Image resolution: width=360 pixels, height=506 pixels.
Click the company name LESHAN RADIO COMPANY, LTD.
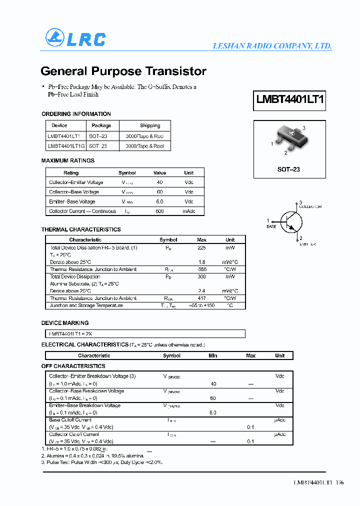[272, 46]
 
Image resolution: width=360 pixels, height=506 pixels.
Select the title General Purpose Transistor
[123, 71]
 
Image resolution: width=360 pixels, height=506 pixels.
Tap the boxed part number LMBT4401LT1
[290, 99]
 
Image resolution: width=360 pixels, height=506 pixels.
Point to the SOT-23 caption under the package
[288, 169]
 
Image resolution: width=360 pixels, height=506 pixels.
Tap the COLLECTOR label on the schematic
[310, 207]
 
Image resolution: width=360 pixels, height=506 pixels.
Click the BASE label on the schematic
[271, 227]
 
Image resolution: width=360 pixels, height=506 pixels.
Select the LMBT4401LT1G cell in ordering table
[66, 146]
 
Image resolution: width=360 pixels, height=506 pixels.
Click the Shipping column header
[150, 125]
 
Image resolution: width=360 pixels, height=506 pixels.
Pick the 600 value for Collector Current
[159, 211]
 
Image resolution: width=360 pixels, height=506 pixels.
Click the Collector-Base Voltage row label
[74, 192]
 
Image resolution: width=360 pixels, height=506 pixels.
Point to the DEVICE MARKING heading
[65, 323]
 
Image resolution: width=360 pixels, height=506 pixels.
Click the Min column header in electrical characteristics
[213, 355]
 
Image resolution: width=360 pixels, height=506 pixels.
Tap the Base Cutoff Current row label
[70, 420]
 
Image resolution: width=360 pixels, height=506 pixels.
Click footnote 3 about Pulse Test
[102, 462]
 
